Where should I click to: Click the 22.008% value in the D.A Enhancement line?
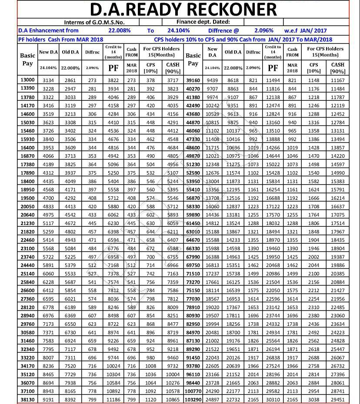[120, 31]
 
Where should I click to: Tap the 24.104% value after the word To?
[179, 31]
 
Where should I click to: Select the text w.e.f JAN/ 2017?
[305, 31]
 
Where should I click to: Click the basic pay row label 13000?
[27, 80]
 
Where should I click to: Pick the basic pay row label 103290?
[193, 399]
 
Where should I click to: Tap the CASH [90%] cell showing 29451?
[338, 399]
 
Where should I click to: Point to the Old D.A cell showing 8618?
[233, 80]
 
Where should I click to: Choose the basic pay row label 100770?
[193, 391]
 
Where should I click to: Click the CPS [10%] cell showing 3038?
[314, 399]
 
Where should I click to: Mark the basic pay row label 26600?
[27, 291]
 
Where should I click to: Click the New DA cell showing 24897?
[212, 399]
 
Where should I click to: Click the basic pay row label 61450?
[193, 223]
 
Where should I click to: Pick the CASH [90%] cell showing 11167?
[338, 80]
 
